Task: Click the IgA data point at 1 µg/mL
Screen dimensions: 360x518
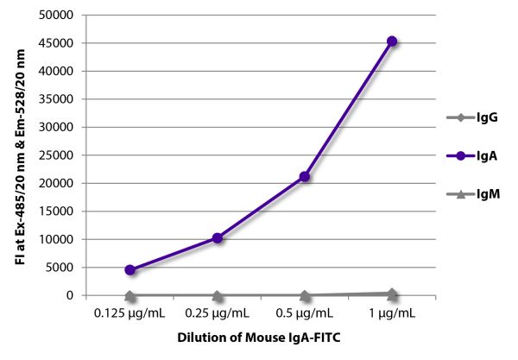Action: pyautogui.click(x=392, y=41)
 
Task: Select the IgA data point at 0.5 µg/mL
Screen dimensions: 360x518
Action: pyautogui.click(x=305, y=176)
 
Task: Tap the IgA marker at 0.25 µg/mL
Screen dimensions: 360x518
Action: pyautogui.click(x=218, y=237)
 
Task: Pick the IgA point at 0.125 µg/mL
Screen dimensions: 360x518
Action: pyautogui.click(x=129, y=269)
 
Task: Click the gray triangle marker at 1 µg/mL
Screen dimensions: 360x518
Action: pyautogui.click(x=392, y=294)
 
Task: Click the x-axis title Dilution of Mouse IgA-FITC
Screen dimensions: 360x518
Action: pyautogui.click(x=261, y=339)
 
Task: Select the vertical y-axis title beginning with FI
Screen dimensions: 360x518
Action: pyautogui.click(x=20, y=155)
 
